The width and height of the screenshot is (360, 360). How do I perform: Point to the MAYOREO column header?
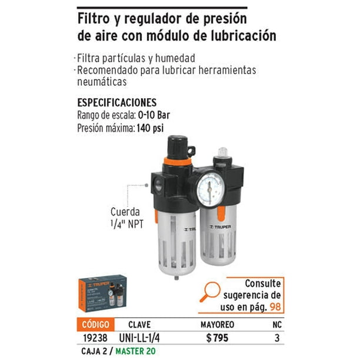(217, 324)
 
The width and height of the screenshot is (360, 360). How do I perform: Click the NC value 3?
(276, 339)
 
